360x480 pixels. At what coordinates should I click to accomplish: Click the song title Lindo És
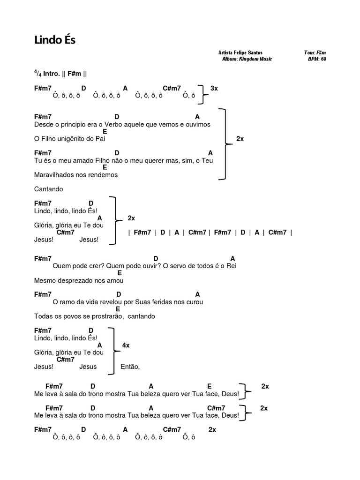pos(55,40)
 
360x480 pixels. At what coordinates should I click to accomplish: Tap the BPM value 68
pos(323,59)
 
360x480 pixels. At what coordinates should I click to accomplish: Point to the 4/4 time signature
pos(37,73)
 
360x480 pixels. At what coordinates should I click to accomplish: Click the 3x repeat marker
pos(214,88)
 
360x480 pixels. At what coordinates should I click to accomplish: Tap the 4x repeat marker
pos(126,345)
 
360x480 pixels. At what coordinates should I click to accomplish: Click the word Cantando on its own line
pos(48,189)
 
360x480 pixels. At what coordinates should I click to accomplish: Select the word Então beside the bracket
pos(130,367)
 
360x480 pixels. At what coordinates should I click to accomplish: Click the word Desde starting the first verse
pos(44,125)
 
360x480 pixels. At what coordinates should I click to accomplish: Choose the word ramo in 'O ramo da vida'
pos(66,302)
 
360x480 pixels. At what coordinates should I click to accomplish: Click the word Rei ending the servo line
pos(232,266)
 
